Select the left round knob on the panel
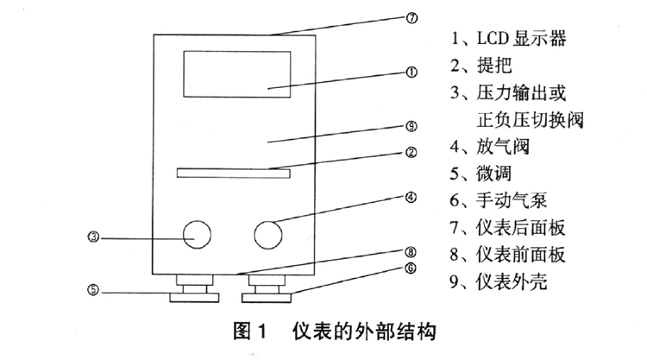click(195, 234)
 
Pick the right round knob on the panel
click(270, 234)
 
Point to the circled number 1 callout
click(411, 73)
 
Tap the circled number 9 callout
click(411, 126)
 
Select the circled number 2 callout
click(411, 154)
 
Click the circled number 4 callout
click(411, 196)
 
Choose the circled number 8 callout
click(411, 252)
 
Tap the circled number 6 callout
click(411, 268)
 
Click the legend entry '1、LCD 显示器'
click(509, 39)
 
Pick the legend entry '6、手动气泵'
click(502, 200)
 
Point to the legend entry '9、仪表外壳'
click(502, 281)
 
